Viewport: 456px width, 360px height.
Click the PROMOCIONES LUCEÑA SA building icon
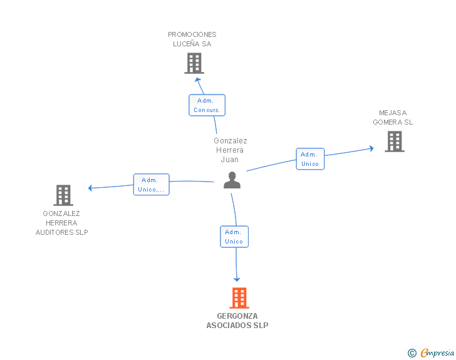point(194,63)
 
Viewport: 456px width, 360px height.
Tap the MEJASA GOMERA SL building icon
point(395,141)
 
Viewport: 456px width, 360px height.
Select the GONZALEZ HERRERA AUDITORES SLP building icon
point(63,195)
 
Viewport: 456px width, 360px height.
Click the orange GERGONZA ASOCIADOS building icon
point(239,298)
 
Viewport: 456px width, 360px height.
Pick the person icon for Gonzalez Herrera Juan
point(232,180)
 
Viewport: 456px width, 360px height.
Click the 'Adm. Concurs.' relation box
point(207,105)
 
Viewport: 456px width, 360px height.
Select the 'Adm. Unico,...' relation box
point(151,184)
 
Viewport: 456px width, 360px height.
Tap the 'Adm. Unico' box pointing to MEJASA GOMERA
point(310,159)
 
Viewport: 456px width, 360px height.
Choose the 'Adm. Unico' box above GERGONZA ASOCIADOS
point(234,237)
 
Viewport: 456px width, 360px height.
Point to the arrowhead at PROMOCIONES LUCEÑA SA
point(198,80)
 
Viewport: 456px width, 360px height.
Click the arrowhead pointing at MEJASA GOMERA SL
point(371,148)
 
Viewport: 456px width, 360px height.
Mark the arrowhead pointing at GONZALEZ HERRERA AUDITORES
point(90,188)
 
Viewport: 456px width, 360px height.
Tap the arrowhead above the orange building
point(237,279)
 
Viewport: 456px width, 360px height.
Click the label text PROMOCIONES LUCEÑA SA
point(192,39)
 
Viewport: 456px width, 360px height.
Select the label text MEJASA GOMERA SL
point(393,118)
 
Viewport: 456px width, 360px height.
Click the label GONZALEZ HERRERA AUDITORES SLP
point(61,223)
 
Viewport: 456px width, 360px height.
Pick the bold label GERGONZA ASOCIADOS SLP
point(237,321)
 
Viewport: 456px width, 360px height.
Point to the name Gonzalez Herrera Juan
point(230,150)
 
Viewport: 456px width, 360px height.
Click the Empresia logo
point(437,352)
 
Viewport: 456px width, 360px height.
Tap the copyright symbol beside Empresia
point(412,353)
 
